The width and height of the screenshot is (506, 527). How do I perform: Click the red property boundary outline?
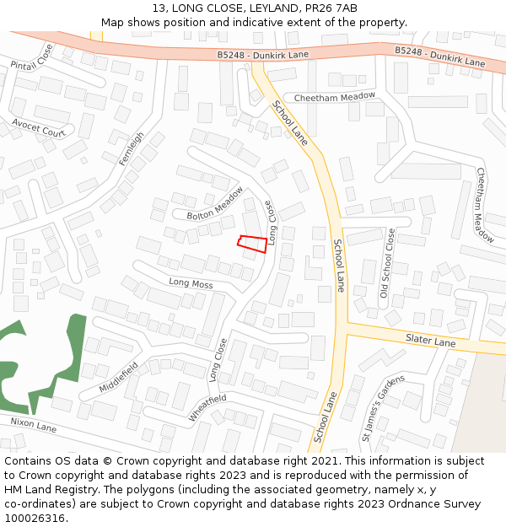point(253,244)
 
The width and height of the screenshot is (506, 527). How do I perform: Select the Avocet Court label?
point(39,127)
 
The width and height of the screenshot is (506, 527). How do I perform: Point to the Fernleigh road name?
point(132,148)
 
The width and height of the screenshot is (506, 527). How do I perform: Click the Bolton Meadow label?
point(215,204)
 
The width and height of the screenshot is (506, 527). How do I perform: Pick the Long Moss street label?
point(191,284)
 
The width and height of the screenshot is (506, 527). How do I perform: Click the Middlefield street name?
point(118,377)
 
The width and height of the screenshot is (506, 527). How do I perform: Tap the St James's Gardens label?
point(378,408)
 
